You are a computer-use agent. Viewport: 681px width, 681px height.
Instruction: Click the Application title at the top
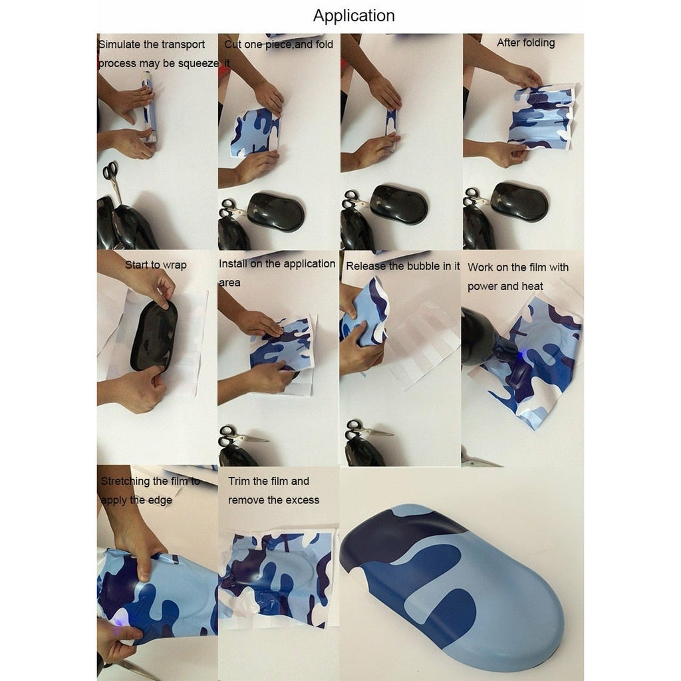click(354, 16)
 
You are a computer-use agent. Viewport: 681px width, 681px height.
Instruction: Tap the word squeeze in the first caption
click(198, 64)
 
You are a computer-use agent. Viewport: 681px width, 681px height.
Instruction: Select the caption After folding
click(525, 43)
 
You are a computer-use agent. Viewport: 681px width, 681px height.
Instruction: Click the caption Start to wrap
click(156, 265)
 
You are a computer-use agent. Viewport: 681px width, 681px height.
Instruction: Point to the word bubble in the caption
click(424, 266)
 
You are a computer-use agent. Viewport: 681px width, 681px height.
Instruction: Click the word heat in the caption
click(532, 286)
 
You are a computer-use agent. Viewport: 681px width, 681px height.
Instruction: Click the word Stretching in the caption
click(126, 481)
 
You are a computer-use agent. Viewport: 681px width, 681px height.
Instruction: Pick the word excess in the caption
click(303, 500)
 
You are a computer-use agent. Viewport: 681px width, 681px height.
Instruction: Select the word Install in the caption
click(233, 263)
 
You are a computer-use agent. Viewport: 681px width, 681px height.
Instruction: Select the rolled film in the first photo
click(148, 108)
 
